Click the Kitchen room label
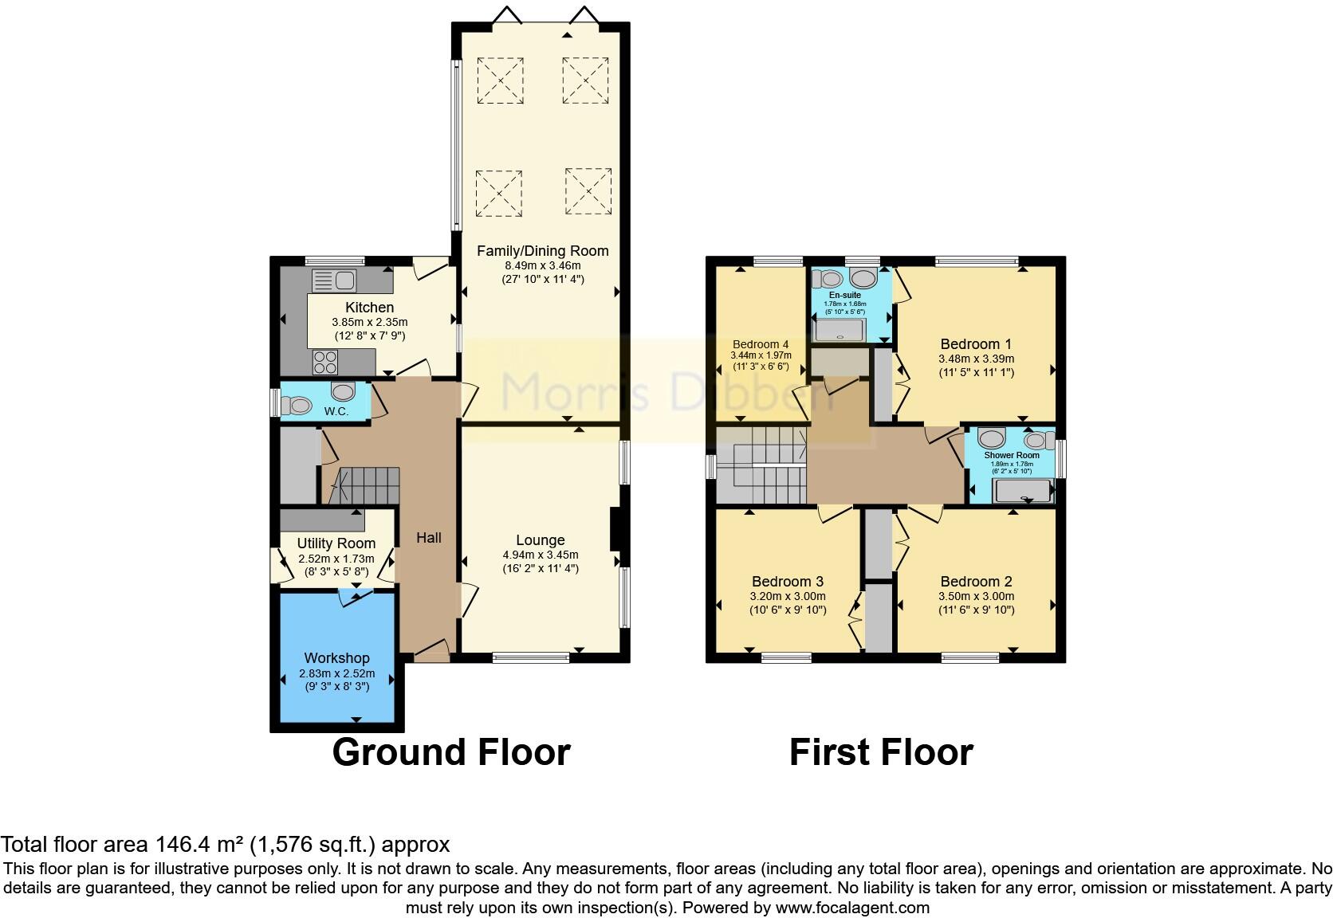pos(369,308)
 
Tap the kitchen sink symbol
pos(335,280)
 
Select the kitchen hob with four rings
pos(325,363)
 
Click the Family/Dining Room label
pos(542,251)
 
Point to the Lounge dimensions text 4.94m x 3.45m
pos(540,555)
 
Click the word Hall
pos(429,538)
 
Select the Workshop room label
pos(336,658)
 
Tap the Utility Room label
pos(336,543)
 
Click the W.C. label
pos(336,411)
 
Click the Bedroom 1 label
pos(976,344)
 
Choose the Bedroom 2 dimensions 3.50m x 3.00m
pos(976,596)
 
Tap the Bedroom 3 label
pos(787,582)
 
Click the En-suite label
pos(844,295)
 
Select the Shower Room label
pos(1011,455)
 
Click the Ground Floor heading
pos(450,752)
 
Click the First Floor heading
pos(881,752)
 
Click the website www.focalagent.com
pos(852,908)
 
